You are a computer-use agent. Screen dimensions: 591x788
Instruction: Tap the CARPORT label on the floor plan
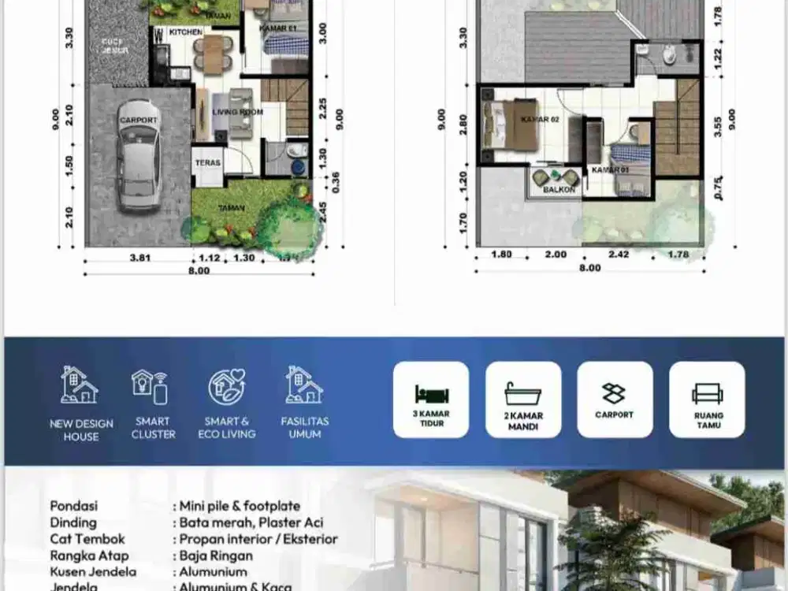point(138,120)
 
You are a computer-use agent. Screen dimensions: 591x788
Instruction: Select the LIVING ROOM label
point(238,112)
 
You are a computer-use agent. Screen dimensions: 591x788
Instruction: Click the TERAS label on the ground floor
point(208,163)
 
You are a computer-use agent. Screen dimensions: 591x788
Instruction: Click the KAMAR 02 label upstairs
point(539,119)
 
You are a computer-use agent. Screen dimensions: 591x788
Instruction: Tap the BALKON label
point(559,190)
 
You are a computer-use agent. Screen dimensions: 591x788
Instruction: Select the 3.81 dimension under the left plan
point(138,257)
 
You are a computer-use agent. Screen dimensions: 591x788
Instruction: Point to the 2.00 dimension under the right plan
point(556,255)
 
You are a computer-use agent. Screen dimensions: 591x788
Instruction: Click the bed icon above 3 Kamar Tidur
point(430,393)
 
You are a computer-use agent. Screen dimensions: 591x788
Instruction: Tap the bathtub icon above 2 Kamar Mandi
point(523,392)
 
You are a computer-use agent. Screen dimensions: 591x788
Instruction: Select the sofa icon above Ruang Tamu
point(707,393)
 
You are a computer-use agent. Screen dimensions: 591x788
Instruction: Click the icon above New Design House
point(80,385)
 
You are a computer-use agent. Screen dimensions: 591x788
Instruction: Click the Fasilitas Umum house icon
point(304,385)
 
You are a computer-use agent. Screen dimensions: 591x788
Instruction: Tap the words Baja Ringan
point(214,556)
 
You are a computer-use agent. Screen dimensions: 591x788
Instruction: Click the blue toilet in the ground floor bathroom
point(298,166)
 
